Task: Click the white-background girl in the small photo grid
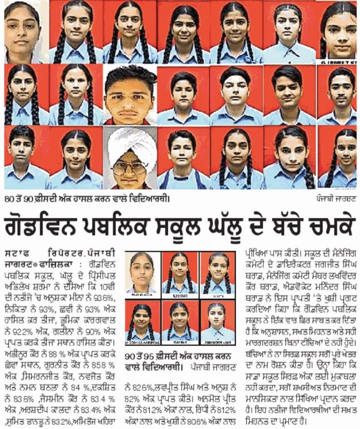(x=142, y=273)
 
